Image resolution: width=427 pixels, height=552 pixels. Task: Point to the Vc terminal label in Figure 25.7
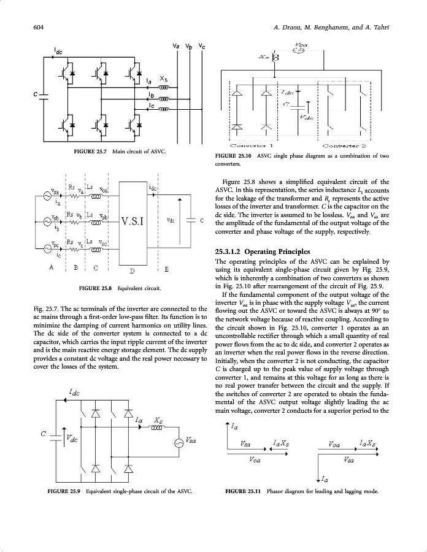pyautogui.click(x=202, y=46)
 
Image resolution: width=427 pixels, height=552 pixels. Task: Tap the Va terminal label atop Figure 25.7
pyautogui.click(x=175, y=46)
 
